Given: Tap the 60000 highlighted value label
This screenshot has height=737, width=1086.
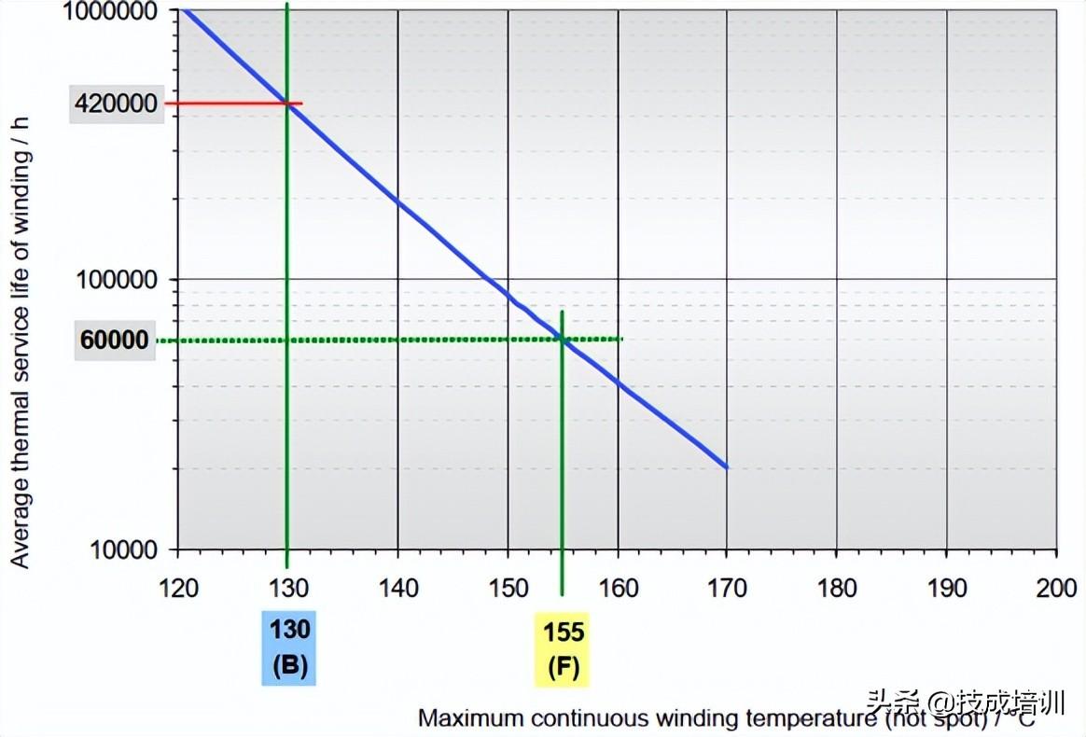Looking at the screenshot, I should click(115, 341).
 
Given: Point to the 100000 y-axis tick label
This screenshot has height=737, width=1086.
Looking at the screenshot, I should click(124, 279).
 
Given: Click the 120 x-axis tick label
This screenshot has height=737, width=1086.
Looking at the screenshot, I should click(178, 588).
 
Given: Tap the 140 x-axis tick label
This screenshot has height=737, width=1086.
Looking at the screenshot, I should click(398, 588).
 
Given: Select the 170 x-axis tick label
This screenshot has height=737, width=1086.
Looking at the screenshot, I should click(727, 588).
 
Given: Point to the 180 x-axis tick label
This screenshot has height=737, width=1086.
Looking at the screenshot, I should click(837, 588).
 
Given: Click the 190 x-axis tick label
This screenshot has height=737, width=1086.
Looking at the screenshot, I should click(946, 588).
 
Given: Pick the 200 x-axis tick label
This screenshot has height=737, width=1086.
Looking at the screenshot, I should click(1055, 588).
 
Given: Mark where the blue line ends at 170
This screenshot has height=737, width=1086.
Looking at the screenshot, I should click(726, 467).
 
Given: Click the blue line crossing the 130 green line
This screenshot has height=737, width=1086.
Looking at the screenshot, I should click(287, 104).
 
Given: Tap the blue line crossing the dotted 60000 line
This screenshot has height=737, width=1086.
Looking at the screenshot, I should click(563, 339).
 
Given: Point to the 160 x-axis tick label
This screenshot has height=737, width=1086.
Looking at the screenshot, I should click(618, 588).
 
